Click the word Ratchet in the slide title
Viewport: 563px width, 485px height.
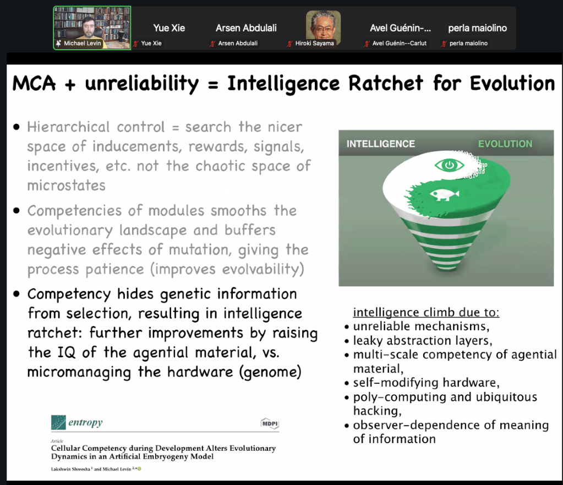click(x=386, y=83)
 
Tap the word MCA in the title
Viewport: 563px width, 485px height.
click(x=34, y=83)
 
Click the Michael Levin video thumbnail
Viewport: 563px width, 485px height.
click(x=92, y=28)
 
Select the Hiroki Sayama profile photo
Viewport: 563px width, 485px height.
click(x=323, y=25)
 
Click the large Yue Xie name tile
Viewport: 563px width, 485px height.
click(x=169, y=28)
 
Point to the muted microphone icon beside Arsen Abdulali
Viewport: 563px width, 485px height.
click(x=212, y=43)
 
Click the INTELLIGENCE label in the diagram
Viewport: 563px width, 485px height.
click(x=381, y=144)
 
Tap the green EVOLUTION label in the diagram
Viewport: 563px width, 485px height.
click(x=505, y=144)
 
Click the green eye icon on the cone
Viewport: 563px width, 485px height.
click(x=449, y=165)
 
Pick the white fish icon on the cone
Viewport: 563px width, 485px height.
click(x=445, y=195)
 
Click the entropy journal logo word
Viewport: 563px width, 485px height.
click(x=85, y=422)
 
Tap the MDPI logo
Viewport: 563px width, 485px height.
click(x=270, y=423)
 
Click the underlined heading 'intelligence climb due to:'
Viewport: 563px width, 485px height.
click(x=426, y=312)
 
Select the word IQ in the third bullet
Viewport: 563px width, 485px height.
click(x=67, y=352)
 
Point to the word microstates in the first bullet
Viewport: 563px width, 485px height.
click(x=67, y=186)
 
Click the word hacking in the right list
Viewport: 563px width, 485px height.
click(x=377, y=411)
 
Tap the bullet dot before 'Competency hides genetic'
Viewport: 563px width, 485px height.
click(x=16, y=294)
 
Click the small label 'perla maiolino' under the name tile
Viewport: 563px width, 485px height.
click(x=468, y=43)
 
